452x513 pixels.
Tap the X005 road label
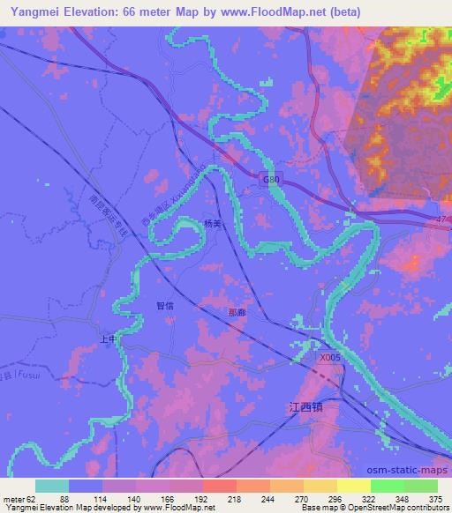(x=329, y=357)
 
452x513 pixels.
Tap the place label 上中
(x=108, y=338)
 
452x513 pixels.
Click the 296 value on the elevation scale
(x=335, y=499)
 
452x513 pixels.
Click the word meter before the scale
(x=16, y=499)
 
